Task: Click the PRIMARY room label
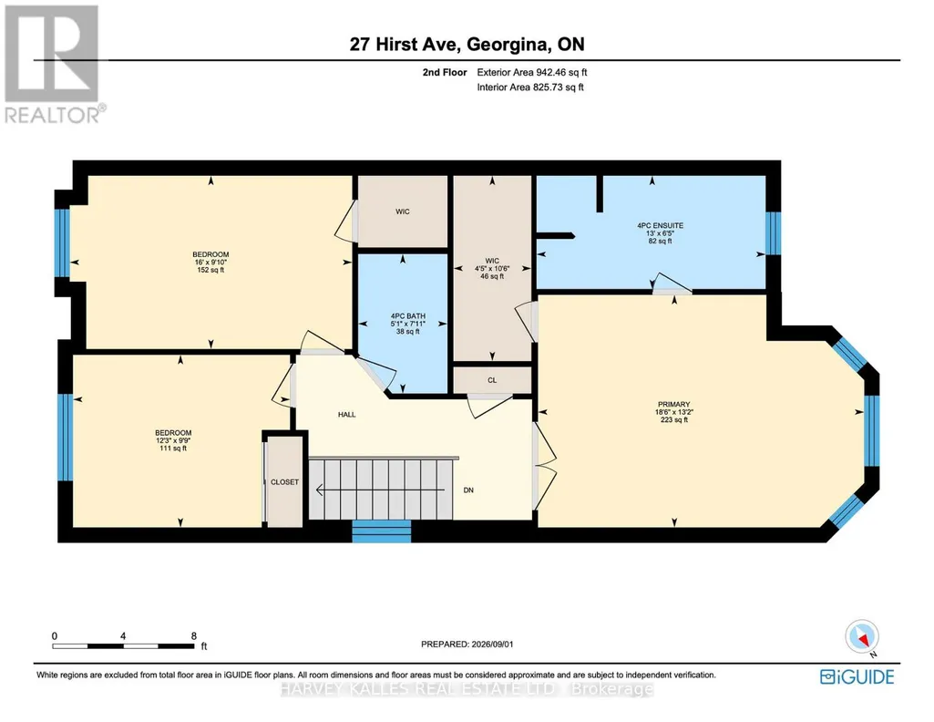click(673, 404)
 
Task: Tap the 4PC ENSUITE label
click(660, 226)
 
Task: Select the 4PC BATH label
click(408, 316)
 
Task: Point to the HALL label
click(346, 415)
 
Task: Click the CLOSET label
click(284, 482)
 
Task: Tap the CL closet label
click(492, 380)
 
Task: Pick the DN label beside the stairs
click(468, 490)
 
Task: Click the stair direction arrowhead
click(319, 490)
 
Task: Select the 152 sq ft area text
click(210, 270)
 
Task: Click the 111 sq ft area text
click(173, 448)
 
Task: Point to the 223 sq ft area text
click(673, 419)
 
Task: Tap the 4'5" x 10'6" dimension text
click(492, 269)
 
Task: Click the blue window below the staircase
click(381, 531)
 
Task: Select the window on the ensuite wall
click(773, 233)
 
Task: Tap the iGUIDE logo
click(857, 677)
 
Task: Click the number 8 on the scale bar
click(193, 636)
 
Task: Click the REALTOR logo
click(54, 64)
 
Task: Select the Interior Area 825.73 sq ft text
click(530, 87)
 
